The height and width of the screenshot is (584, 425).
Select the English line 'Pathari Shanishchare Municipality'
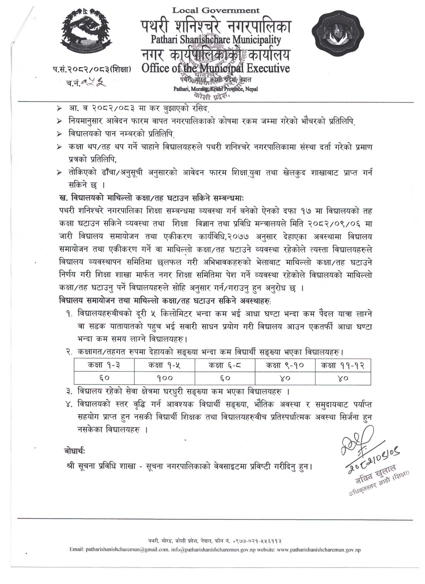click(216, 39)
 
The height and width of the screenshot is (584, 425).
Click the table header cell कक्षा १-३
click(104, 365)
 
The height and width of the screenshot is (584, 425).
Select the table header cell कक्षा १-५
click(164, 365)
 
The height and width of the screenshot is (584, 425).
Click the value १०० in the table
click(164, 378)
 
